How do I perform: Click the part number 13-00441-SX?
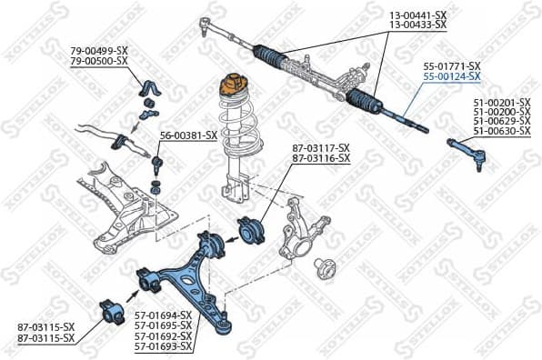pyautogui.click(x=418, y=16)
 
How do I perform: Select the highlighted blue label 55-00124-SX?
pyautogui.click(x=452, y=77)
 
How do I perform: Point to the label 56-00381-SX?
pyautogui.click(x=188, y=135)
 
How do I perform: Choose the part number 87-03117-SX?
pyautogui.click(x=321, y=148)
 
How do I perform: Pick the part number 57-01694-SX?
pyautogui.click(x=164, y=315)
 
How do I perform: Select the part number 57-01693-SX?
pyautogui.click(x=164, y=346)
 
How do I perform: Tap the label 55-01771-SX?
pyautogui.click(x=452, y=66)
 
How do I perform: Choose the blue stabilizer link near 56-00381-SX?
pyautogui.click(x=156, y=166)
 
